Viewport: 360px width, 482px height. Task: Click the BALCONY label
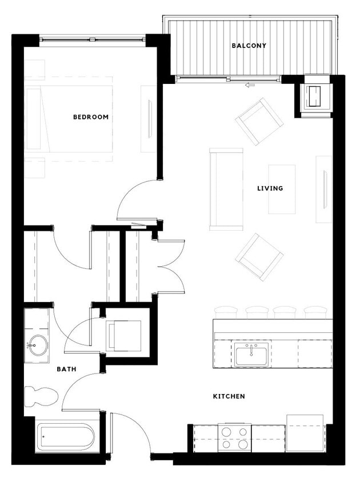coord(249,46)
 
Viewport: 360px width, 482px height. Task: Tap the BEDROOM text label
coord(90,117)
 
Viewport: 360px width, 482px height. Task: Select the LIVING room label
coord(270,188)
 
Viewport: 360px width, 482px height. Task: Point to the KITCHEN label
coord(229,396)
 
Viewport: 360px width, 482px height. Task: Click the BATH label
coord(66,369)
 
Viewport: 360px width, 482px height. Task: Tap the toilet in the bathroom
coord(41,396)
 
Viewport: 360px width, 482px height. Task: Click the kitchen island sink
coord(251,355)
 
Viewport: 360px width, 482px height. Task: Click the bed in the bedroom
coord(69,119)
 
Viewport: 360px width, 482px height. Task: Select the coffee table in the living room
coord(282,188)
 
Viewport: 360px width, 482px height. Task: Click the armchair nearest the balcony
coord(259,121)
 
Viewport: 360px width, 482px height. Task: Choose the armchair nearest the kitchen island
coord(259,256)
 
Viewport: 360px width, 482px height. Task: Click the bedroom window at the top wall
coord(92,39)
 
